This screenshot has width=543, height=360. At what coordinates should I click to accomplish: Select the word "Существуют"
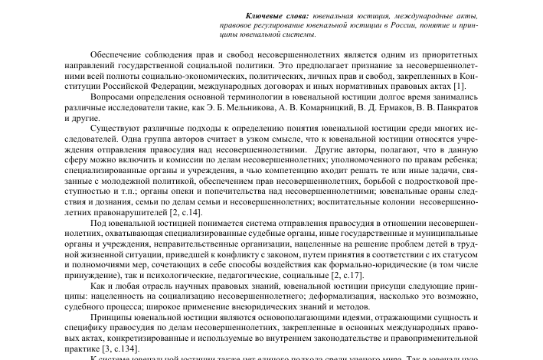116,130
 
